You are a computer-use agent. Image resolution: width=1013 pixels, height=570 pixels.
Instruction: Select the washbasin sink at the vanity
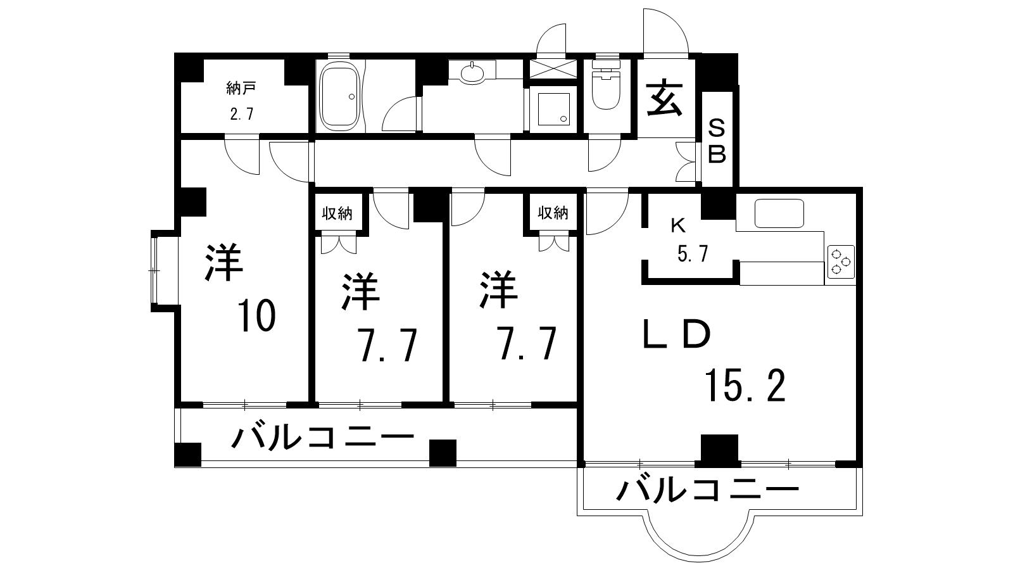point(472,73)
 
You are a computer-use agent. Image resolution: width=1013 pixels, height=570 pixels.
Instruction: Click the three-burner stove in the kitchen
point(841,262)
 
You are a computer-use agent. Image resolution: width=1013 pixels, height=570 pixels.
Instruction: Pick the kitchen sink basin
point(779,213)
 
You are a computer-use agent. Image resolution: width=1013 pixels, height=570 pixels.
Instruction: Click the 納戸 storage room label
point(241,88)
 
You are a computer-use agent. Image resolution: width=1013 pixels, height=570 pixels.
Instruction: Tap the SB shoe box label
point(717,142)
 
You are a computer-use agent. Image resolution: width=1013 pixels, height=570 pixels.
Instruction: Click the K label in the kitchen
point(678,225)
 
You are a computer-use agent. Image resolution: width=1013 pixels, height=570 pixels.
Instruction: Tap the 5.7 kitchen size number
point(693,253)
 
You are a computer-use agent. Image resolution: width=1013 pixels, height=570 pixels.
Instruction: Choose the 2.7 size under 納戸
point(241,113)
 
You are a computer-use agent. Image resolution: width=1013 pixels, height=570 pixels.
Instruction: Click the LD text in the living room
point(677,335)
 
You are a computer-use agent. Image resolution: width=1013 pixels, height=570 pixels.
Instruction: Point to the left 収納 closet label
point(337,213)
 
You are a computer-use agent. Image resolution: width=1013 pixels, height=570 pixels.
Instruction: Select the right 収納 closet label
point(553,213)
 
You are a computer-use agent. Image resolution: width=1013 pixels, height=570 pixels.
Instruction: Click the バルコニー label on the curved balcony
point(708,490)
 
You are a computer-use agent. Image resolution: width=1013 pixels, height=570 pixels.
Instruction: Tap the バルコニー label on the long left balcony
point(323,437)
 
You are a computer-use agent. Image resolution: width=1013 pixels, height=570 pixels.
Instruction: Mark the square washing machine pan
point(553,109)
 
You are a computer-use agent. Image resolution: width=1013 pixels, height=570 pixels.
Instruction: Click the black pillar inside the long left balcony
point(443,453)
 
